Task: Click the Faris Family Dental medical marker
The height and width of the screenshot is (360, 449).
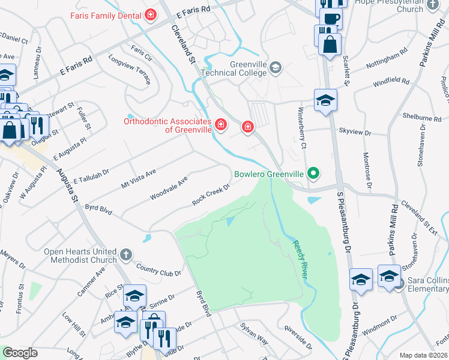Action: tap(151, 14)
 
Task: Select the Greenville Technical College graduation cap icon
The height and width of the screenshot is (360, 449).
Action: tap(276, 67)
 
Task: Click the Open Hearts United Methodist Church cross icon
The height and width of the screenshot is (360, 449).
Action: tap(126, 255)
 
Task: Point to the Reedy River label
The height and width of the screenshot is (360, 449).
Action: tap(300, 259)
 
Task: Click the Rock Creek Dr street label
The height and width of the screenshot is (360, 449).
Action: tap(211, 193)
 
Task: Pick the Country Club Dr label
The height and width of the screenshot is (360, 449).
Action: tap(158, 269)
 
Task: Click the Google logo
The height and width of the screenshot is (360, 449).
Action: tap(20, 353)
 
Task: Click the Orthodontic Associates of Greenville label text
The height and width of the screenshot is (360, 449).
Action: tap(167, 125)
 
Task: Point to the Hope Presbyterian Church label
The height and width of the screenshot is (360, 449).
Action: tap(397, 5)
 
